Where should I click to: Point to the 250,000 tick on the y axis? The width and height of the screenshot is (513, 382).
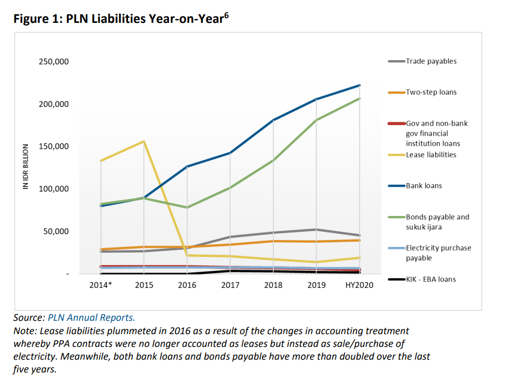(x=54, y=62)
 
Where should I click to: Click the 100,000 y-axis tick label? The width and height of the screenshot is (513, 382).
(x=54, y=189)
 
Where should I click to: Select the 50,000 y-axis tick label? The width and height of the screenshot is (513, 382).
(x=55, y=231)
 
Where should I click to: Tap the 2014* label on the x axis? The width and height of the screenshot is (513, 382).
(x=100, y=285)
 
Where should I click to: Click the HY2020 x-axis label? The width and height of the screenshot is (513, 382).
(x=359, y=285)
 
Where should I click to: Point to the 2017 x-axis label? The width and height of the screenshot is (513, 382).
(x=230, y=285)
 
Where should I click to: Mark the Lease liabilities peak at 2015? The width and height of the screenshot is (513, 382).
(x=144, y=142)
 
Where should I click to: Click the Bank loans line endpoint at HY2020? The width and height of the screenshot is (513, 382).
(x=360, y=85)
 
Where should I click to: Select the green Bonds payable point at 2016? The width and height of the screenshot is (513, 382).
(x=187, y=207)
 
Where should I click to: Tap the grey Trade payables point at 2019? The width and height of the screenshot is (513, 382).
(x=317, y=229)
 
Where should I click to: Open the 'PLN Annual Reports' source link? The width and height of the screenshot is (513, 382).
(x=91, y=318)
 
